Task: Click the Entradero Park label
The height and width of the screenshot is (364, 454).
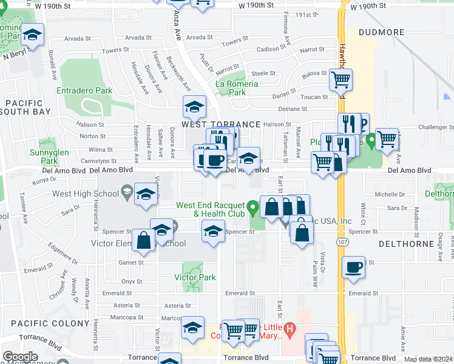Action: coord(84,90)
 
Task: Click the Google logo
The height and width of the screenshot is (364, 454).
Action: coord(20,357)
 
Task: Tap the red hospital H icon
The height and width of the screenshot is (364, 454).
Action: coord(290,331)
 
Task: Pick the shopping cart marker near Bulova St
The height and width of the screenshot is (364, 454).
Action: coord(341,79)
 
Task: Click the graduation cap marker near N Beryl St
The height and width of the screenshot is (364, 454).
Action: coord(32,35)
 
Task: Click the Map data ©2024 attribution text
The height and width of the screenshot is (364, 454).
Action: coord(429,359)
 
